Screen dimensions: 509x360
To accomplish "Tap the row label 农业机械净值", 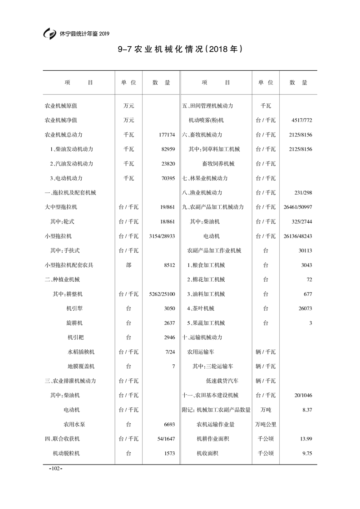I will coord(61,120).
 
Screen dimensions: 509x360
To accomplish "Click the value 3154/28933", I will coord(162,236).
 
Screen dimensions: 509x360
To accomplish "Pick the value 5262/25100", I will coord(162,294).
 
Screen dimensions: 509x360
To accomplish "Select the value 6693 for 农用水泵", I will coord(169,424).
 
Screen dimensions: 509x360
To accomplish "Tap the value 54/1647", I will coord(166,439).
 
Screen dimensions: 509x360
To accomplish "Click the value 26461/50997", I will coord(297,207).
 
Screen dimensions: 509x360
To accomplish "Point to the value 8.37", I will coord(307,410).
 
